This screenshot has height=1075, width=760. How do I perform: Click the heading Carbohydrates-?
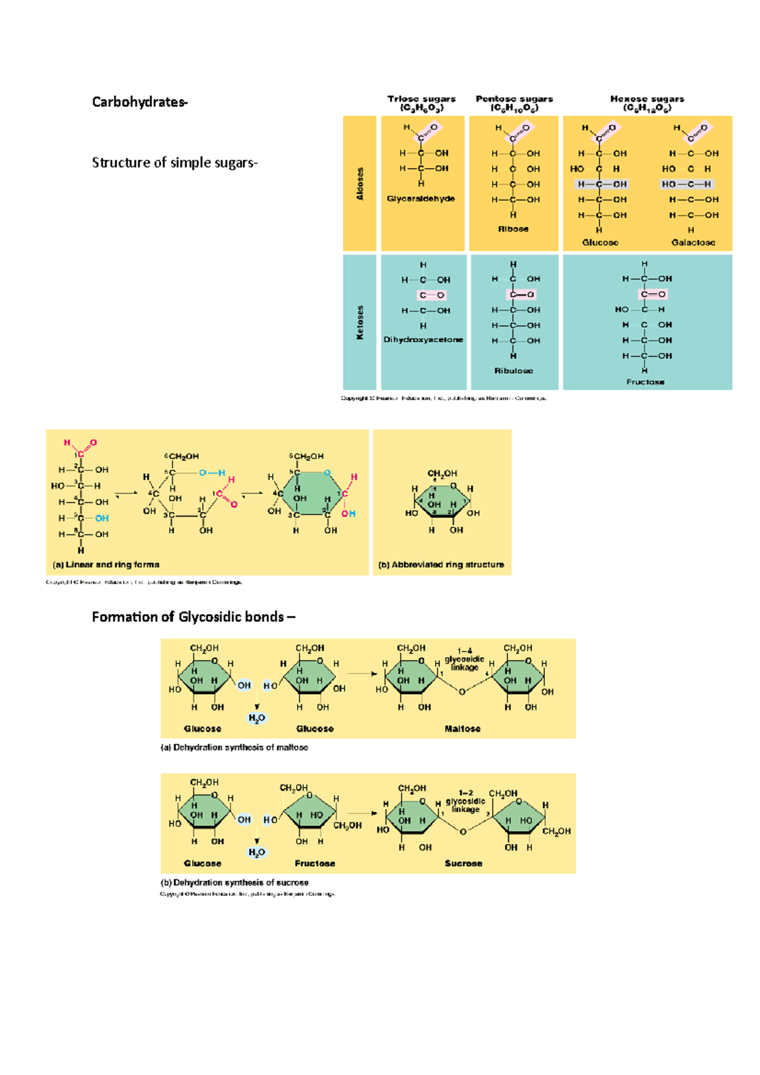(139, 102)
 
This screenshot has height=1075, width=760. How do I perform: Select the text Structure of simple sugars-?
(174, 163)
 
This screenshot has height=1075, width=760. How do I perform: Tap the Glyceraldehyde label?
(421, 199)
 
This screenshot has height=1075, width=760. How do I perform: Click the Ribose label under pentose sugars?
(513, 229)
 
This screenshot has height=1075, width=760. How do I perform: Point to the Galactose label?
(693, 242)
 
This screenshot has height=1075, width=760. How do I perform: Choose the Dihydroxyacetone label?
(423, 340)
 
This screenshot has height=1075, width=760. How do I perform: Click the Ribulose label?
(514, 371)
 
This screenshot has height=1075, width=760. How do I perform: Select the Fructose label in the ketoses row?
(645, 382)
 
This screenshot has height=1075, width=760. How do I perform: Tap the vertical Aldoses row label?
(360, 184)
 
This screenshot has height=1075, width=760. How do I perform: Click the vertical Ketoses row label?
(360, 322)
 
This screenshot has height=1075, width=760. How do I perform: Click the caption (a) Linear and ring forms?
(106, 565)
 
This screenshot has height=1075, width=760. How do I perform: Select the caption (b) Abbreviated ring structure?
(441, 565)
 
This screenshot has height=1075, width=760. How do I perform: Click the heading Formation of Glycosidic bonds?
(193, 617)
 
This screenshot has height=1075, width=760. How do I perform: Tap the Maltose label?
(462, 729)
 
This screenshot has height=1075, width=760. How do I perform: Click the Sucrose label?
(463, 864)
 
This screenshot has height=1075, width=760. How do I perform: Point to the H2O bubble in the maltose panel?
(256, 719)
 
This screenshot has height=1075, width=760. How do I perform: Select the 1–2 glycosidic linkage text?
(465, 802)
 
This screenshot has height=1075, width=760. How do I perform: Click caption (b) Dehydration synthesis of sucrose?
(234, 883)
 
